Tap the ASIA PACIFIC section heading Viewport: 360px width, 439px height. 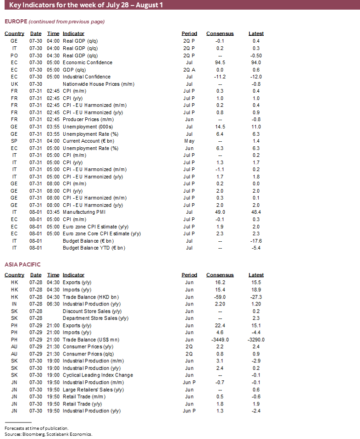coord(22,265)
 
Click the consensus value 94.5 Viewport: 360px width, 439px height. coord(220,62)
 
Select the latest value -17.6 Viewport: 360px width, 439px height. coord(256,240)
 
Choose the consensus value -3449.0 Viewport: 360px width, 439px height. coord(220,339)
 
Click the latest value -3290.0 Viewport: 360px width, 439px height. coord(256,339)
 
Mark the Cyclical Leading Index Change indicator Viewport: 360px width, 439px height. coord(98,375)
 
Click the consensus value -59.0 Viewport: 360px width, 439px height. coord(220,297)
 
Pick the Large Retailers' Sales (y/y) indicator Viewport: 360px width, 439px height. coord(94,389)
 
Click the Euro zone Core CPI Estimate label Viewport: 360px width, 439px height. coord(101,233)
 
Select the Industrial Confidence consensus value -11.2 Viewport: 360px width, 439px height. coord(220,77)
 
